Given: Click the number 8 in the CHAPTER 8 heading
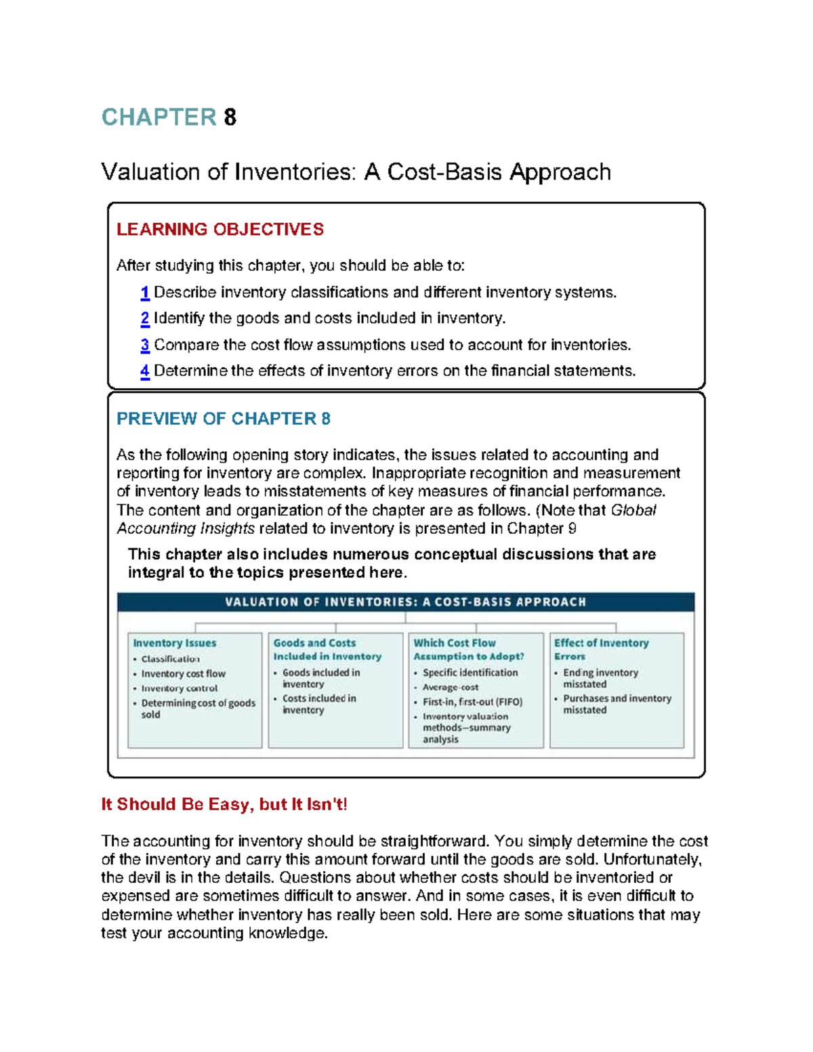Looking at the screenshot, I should (x=230, y=117).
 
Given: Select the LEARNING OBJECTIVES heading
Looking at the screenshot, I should (x=220, y=230).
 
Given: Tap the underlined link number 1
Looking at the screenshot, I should (x=144, y=293).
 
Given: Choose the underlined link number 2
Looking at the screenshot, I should (x=144, y=318).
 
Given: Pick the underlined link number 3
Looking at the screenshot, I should (x=144, y=345).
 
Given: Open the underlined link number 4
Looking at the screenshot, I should (x=144, y=371).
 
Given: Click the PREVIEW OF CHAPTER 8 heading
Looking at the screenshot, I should (x=223, y=419).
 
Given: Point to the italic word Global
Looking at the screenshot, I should (x=633, y=510).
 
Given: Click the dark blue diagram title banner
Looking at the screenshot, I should (x=405, y=602).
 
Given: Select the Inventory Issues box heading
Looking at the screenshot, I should (x=174, y=643).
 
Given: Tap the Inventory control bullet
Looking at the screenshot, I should (x=179, y=688).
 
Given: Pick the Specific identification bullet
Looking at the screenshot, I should (x=470, y=673).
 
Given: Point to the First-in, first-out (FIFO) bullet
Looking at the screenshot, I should (x=472, y=702).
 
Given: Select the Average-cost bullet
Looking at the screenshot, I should (x=450, y=687).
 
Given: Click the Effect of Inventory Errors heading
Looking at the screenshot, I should (x=600, y=649).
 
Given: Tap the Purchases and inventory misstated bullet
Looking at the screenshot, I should (x=616, y=704).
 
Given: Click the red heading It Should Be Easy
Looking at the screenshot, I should (x=224, y=804).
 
